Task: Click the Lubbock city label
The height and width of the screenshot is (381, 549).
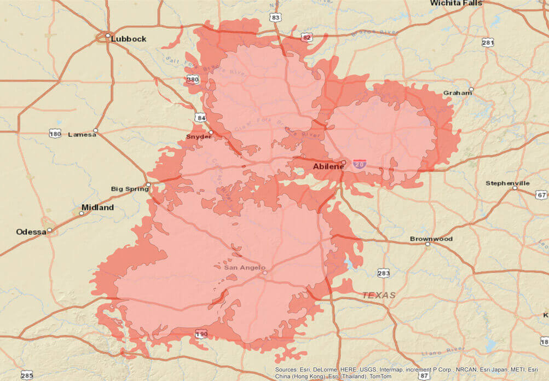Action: [x=128, y=39]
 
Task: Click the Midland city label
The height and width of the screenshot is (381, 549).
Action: [x=97, y=207]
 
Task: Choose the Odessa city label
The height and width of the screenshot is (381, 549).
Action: [x=31, y=232]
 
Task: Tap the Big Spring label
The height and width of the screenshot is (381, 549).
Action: [x=130, y=189]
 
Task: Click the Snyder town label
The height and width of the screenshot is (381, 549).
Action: [x=199, y=136]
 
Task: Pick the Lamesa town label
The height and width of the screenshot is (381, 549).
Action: [x=82, y=134]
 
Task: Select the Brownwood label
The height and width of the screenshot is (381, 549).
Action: [x=431, y=239]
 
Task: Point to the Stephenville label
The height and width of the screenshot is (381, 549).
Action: [x=507, y=183]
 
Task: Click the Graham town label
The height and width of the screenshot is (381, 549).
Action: [x=458, y=93]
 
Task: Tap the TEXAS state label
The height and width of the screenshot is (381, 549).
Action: [x=378, y=295]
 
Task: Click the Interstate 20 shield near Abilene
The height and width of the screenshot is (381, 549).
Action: [x=360, y=164]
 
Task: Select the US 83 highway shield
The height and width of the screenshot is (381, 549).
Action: [x=275, y=18]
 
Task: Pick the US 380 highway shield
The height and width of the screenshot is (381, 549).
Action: [x=193, y=80]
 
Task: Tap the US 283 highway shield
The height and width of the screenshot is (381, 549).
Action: [x=383, y=273]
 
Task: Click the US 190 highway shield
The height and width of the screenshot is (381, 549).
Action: [x=201, y=333]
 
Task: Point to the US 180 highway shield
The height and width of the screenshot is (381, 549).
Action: [x=55, y=134]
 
